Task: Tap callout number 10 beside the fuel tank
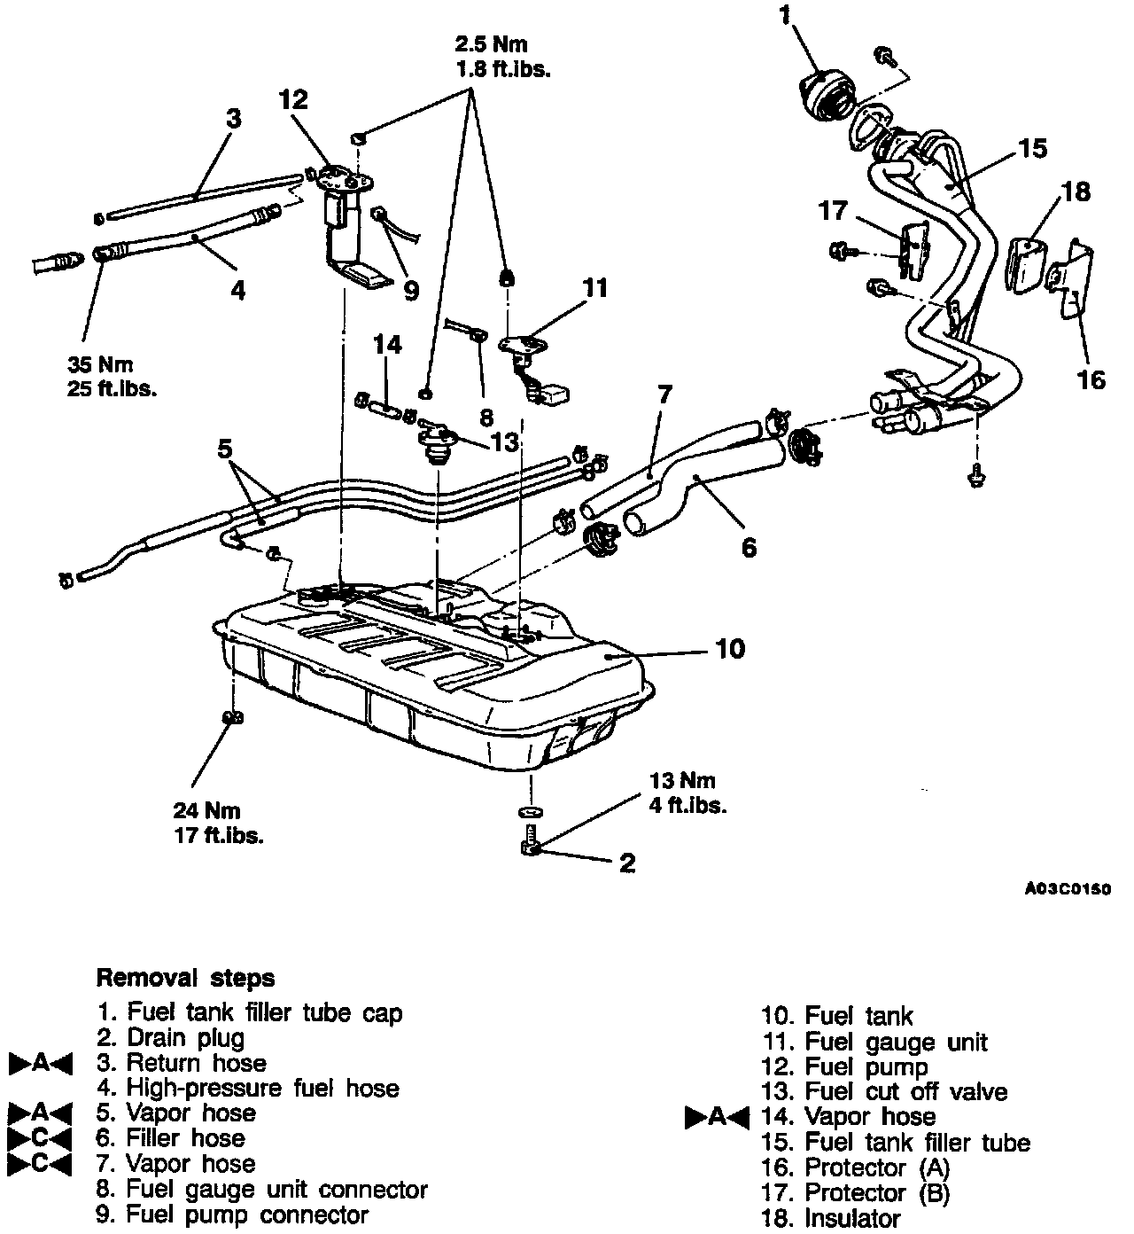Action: [x=730, y=649]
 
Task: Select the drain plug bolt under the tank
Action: [x=532, y=842]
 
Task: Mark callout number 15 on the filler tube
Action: [x=1031, y=148]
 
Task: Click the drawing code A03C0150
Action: [x=1068, y=890]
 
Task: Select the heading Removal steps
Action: [x=185, y=979]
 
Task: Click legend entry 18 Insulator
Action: [x=830, y=1219]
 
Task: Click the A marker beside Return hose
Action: [x=40, y=1063]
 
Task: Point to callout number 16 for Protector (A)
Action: [x=1091, y=379]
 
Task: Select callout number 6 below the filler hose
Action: [x=750, y=548]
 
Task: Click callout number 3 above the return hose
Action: [x=233, y=119]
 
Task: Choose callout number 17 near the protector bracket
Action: [x=834, y=211]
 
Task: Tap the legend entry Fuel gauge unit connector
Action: [x=262, y=1189]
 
